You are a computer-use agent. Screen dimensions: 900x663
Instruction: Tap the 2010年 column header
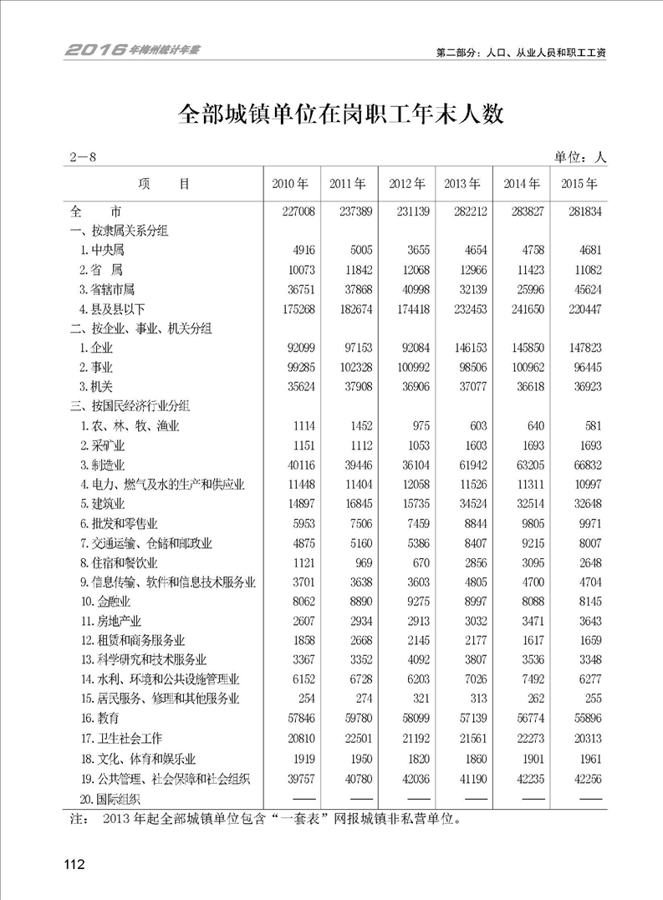tap(291, 183)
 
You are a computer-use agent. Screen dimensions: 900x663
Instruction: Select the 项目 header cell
tap(165, 183)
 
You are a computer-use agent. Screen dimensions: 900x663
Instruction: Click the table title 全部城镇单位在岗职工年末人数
tap(331, 114)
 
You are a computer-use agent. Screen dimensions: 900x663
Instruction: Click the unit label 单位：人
tap(579, 156)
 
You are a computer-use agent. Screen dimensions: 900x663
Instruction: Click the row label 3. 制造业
tap(103, 464)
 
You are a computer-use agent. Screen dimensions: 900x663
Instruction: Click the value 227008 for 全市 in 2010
tap(298, 212)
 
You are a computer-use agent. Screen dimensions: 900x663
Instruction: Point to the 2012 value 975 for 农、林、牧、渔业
tap(414, 426)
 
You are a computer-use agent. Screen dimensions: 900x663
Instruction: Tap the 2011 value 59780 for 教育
tap(356, 718)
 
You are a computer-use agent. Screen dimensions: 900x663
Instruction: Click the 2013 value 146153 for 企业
tap(470, 347)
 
